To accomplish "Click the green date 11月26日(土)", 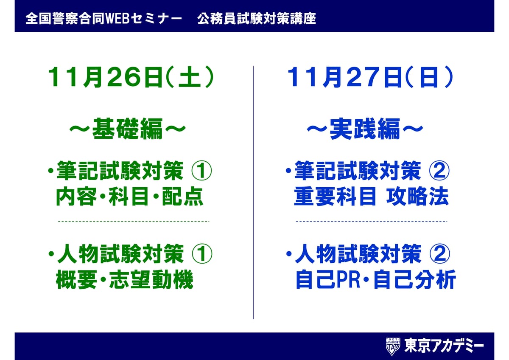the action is click(131, 77).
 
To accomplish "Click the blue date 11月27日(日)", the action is click(370, 77).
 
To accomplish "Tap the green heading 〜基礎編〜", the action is click(128, 129).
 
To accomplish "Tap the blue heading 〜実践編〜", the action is click(365, 129).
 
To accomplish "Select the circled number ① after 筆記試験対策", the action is click(202, 171).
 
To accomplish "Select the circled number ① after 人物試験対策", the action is click(202, 254).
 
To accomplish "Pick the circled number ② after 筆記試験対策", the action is click(439, 171).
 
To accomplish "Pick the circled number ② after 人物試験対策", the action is click(439, 254).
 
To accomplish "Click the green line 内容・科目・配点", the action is click(129, 197).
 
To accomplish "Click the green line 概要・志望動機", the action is click(125, 279).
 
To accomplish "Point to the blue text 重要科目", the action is click(335, 197).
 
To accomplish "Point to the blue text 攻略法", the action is click(418, 197).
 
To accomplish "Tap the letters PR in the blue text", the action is click(348, 279).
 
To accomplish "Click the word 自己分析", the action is click(414, 279).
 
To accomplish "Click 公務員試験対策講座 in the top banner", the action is click(257, 19).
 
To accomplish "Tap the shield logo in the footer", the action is click(393, 346).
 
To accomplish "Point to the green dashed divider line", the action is click(134, 221).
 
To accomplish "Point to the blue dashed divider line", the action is click(372, 221).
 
